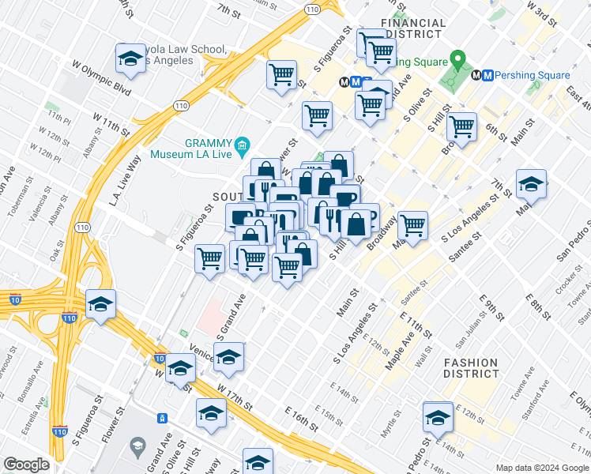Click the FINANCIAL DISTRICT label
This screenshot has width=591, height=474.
[x=411, y=28]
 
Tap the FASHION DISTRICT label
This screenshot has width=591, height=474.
[x=471, y=369]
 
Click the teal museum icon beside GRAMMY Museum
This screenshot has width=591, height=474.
[x=242, y=145]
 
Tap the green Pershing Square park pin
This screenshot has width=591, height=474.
[x=457, y=60]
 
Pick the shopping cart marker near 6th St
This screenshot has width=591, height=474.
[x=461, y=126]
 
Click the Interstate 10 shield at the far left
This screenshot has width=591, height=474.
[x=15, y=298]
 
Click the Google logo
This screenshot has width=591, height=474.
[x=26, y=464]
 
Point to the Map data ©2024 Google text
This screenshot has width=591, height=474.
[x=541, y=468]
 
